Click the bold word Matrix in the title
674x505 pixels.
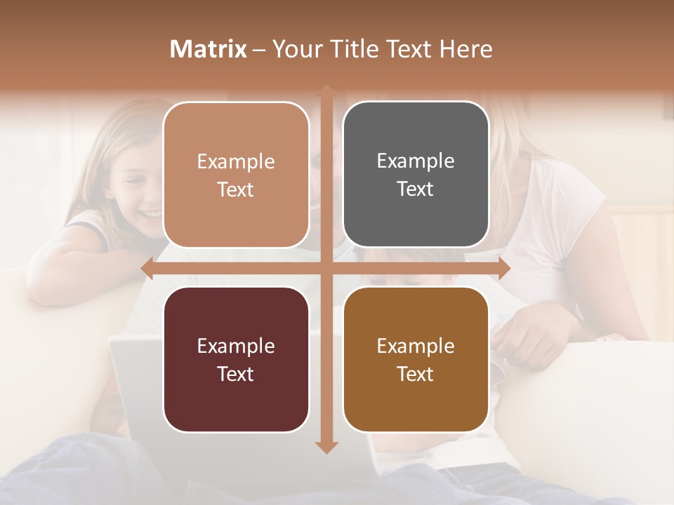(209, 49)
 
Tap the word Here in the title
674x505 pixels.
(465, 49)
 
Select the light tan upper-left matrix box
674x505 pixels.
(236, 175)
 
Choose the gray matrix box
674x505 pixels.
(416, 175)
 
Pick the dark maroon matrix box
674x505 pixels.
(236, 359)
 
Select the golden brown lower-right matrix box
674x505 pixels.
(416, 359)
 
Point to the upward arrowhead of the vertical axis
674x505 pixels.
(326, 90)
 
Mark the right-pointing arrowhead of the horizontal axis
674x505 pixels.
(504, 268)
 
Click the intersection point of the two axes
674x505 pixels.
(326, 268)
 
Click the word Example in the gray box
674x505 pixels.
(416, 161)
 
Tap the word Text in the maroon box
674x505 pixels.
(236, 374)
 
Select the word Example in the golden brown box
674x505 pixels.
(416, 346)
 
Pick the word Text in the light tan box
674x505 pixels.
(236, 189)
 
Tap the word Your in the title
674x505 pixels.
(294, 49)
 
